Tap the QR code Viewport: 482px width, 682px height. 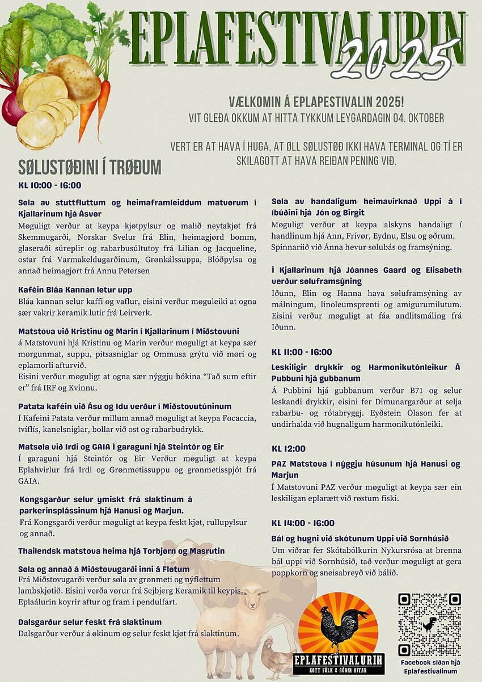pos(429,624)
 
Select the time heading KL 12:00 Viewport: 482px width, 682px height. pos(288,449)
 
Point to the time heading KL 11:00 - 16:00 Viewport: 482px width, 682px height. pos(302,352)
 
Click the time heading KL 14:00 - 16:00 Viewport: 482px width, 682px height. pos(303,523)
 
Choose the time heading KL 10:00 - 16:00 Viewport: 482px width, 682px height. pos(50,185)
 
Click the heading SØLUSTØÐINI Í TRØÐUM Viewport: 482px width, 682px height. pos(90,167)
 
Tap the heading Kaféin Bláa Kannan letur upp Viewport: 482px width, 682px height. pos(75,290)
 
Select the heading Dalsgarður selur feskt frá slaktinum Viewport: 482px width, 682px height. pos(90,622)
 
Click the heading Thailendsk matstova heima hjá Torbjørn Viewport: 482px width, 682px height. pos(121,550)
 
